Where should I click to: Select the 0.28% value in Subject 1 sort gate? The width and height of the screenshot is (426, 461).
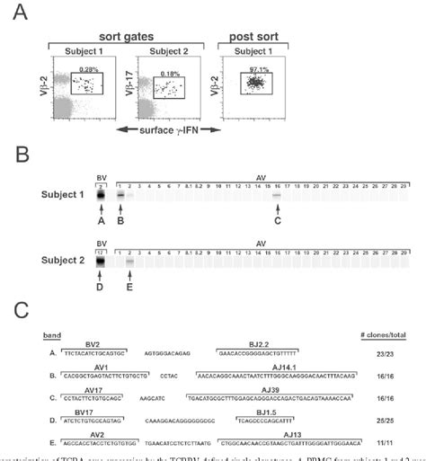pyautogui.click(x=87, y=69)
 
